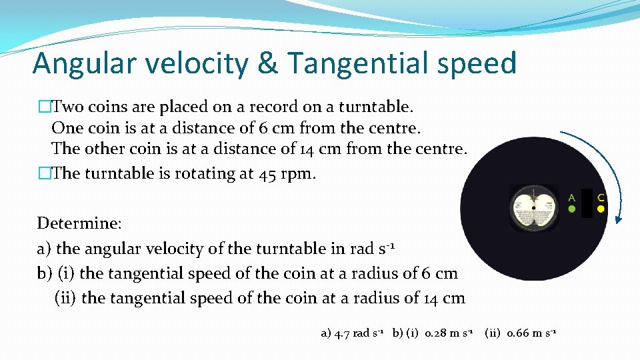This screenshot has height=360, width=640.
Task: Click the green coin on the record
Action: pos(571,209)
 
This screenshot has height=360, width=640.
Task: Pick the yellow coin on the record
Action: pos(601,209)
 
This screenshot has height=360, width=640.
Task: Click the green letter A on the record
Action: pos(571,197)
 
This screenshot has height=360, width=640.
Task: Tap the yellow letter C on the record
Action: pos(601,197)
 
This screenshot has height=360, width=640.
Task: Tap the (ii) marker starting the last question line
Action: pos(65,298)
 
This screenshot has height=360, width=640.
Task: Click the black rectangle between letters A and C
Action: pos(587,203)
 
